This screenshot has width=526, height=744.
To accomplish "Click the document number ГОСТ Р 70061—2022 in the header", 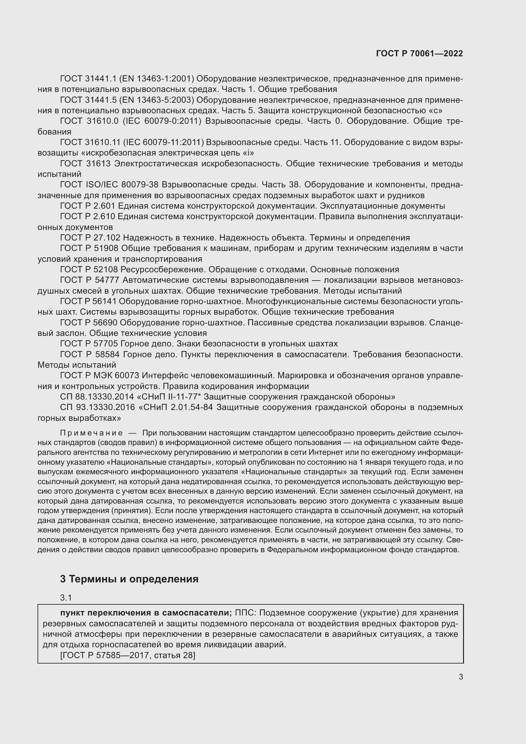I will [x=419, y=53].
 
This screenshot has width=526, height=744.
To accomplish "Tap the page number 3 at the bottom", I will [x=460, y=677].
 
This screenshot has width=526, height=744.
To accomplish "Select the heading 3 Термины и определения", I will [x=129, y=579].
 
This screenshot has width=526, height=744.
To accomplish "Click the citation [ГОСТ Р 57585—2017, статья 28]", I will [x=128, y=655].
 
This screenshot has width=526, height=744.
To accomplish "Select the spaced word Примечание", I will [x=91, y=433].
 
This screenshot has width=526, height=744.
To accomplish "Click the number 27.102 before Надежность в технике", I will [x=107, y=238].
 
